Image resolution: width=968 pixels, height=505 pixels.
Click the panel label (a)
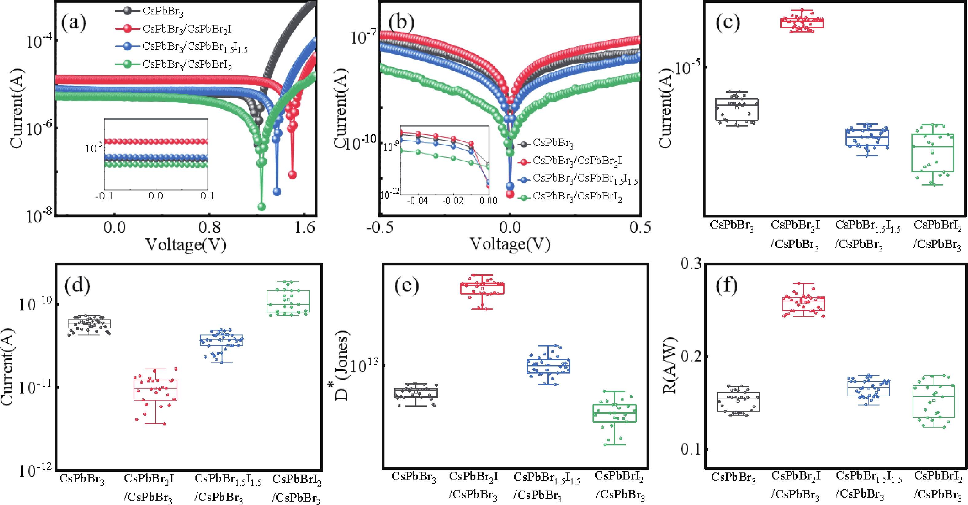tap(74, 23)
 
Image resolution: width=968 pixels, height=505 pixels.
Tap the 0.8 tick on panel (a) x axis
tap(210, 227)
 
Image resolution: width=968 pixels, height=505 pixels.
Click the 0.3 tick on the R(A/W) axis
tap(691, 264)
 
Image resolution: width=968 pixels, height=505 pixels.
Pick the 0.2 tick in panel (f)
tap(691, 356)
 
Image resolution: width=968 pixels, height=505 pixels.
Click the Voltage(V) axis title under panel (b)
tap(510, 244)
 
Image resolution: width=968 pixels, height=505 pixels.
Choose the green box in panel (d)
tap(288, 301)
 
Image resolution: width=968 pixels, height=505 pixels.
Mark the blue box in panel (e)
tap(548, 366)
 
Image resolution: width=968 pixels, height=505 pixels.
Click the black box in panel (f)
tap(738, 402)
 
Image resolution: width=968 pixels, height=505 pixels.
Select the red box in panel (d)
tap(155, 390)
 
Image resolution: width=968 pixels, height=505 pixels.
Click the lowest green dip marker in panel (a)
tap(262, 207)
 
